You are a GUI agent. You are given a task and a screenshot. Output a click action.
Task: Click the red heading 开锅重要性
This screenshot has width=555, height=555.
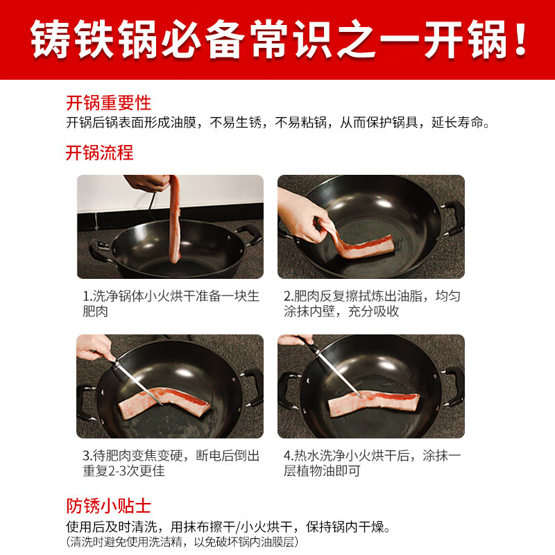tap(108, 103)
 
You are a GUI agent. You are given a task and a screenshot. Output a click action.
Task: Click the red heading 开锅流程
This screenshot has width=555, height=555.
tap(99, 153)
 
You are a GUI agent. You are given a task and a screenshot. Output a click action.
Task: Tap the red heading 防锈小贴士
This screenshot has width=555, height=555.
tap(108, 504)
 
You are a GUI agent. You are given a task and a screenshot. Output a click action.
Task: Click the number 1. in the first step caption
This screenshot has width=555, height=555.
tap(87, 296)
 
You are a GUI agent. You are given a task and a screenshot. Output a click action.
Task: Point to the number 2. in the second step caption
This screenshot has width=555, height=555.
tap(289, 296)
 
